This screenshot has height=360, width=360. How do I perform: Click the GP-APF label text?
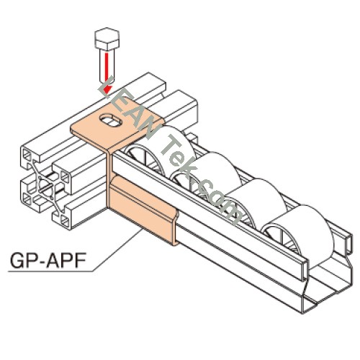(48, 261)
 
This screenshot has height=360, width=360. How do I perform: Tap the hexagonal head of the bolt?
(107, 39)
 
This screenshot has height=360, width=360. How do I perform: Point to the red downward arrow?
(107, 73)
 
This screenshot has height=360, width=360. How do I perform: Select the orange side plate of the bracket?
(142, 210)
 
